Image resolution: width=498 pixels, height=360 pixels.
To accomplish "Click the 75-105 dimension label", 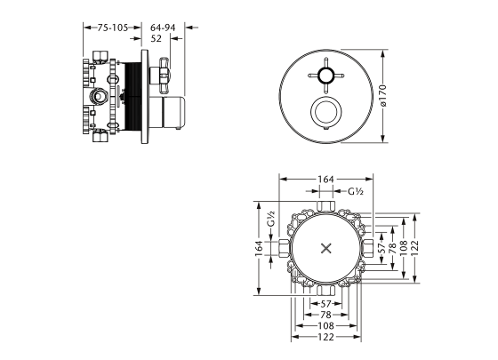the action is pyautogui.click(x=112, y=28).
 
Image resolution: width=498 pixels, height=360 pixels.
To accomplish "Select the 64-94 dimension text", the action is pyautogui.click(x=163, y=28).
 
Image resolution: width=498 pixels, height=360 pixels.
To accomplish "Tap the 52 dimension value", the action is pyautogui.click(x=156, y=38).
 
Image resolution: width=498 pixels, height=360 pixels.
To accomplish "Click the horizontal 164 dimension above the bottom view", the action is pyautogui.click(x=325, y=180).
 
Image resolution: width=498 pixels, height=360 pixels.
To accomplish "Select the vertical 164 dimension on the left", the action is pyautogui.click(x=259, y=248).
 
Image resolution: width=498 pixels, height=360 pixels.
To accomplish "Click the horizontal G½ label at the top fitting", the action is pyautogui.click(x=356, y=191).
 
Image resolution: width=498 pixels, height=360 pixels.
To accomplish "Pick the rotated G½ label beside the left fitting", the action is pyautogui.click(x=270, y=219).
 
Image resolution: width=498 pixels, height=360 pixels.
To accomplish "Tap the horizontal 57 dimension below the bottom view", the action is pyautogui.click(x=325, y=304).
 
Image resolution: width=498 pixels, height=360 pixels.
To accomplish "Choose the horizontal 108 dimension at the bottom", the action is pyautogui.click(x=325, y=325).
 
